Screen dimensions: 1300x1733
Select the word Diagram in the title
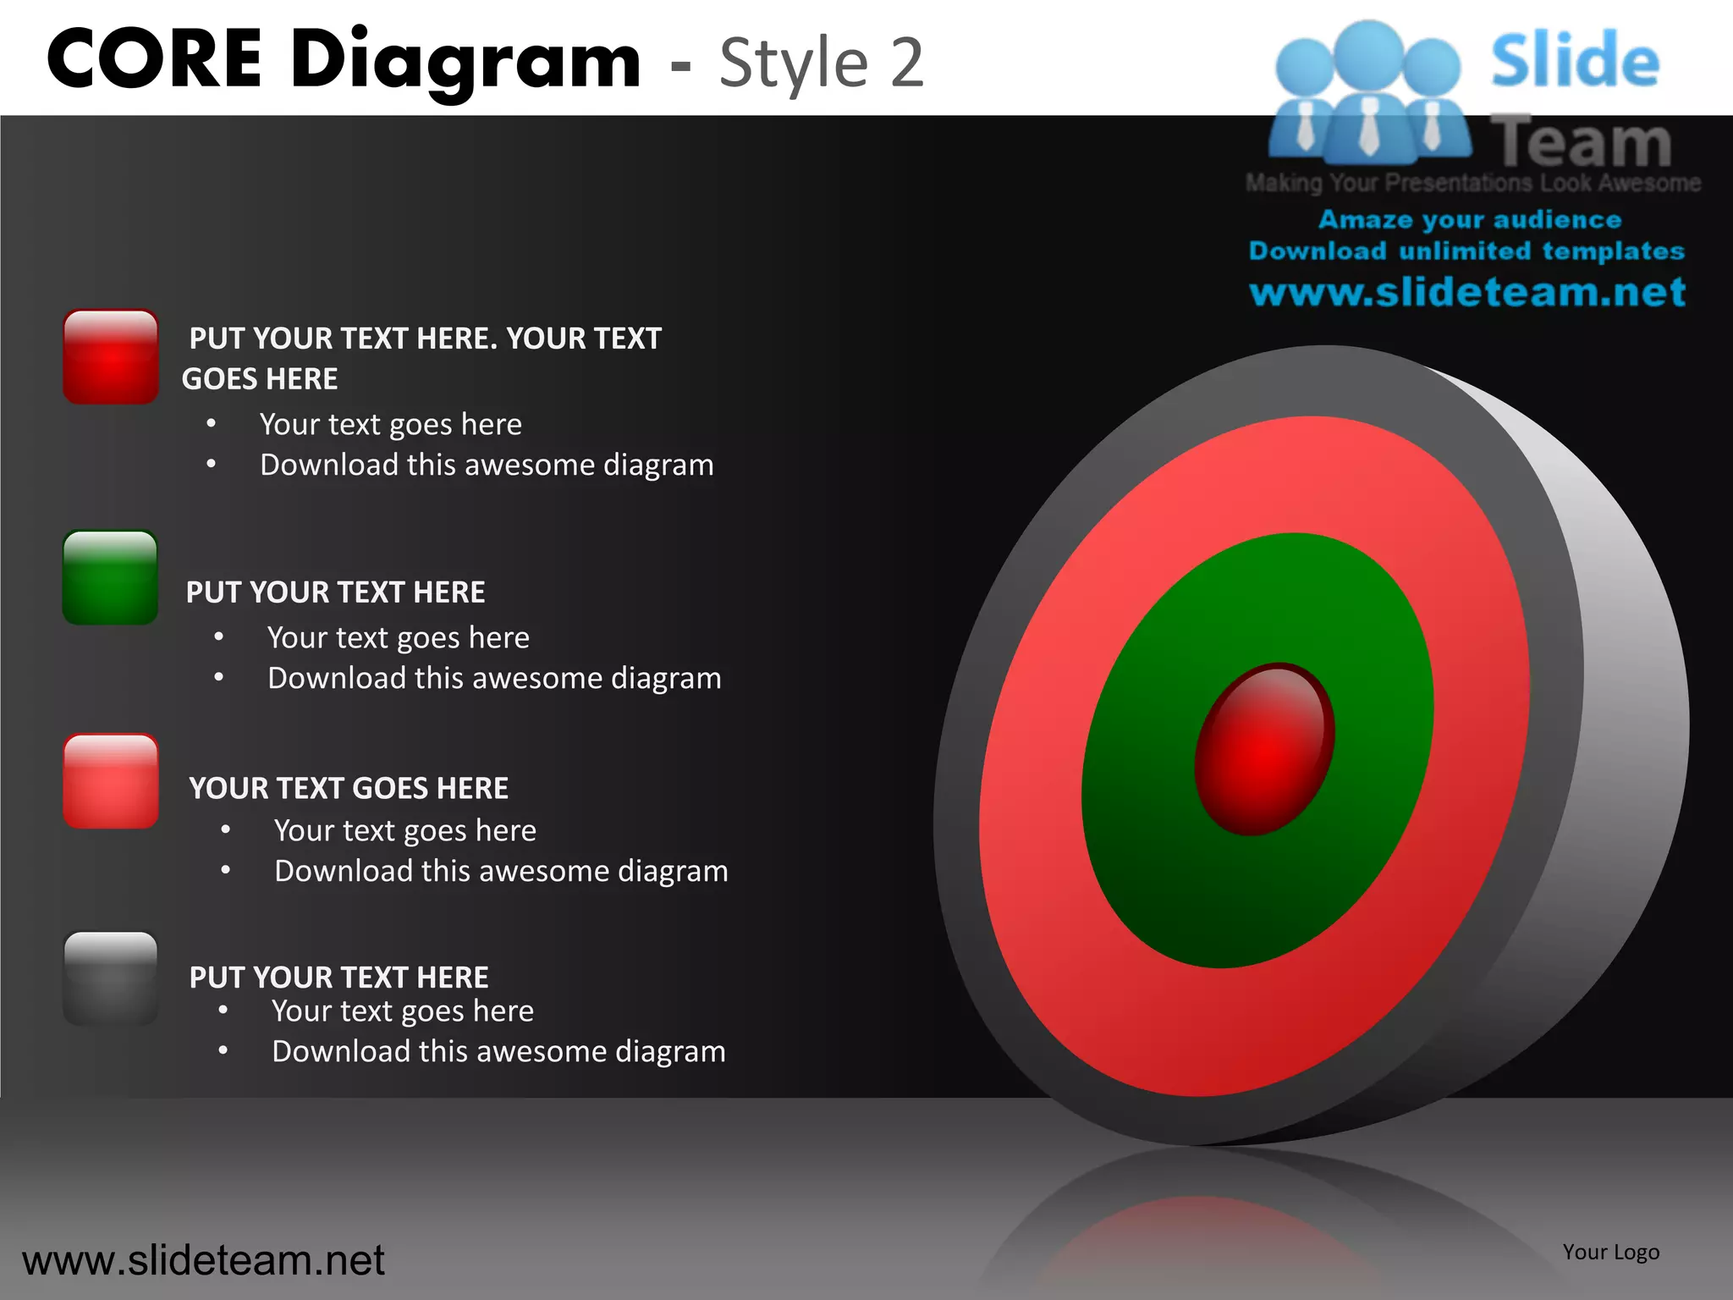tap(465, 61)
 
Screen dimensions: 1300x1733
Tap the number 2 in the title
tap(906, 63)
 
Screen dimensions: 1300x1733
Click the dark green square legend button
tap(110, 578)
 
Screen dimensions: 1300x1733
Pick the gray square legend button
tap(110, 978)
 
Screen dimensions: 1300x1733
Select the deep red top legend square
tap(110, 356)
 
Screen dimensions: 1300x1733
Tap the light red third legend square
tap(110, 781)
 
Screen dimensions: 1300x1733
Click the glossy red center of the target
tap(1264, 749)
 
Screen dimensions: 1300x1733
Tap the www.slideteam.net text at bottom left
tap(203, 1260)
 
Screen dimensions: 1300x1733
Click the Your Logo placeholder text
tap(1610, 1252)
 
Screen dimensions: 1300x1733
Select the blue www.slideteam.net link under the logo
tap(1467, 292)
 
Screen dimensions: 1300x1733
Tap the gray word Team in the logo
tap(1581, 142)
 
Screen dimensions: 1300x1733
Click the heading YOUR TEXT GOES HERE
tap(349, 788)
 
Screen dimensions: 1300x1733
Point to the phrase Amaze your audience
tap(1470, 219)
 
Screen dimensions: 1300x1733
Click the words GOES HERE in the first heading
tap(260, 378)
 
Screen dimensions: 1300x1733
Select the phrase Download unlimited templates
tap(1466, 251)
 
